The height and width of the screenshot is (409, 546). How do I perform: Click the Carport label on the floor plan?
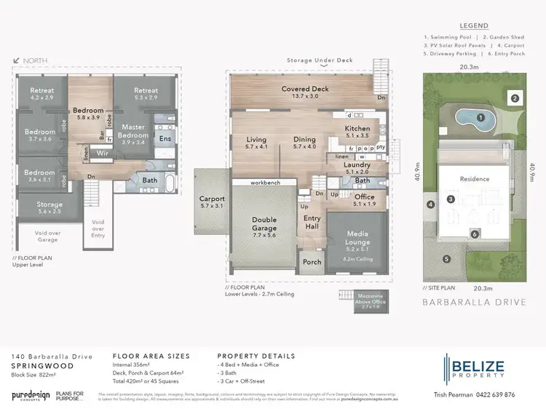(x=212, y=202)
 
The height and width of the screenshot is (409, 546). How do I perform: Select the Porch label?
(x=312, y=263)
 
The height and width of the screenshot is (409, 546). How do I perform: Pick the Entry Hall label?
(x=312, y=222)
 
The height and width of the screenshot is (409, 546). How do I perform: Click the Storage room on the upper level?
(x=50, y=208)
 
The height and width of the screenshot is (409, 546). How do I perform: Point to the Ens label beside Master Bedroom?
(x=165, y=138)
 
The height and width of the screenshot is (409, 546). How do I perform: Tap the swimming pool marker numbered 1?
(x=480, y=116)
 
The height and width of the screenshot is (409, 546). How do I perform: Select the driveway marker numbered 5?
(x=448, y=258)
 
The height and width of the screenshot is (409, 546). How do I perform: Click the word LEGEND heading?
(x=473, y=24)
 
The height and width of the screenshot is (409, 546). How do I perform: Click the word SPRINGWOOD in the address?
(x=42, y=366)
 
